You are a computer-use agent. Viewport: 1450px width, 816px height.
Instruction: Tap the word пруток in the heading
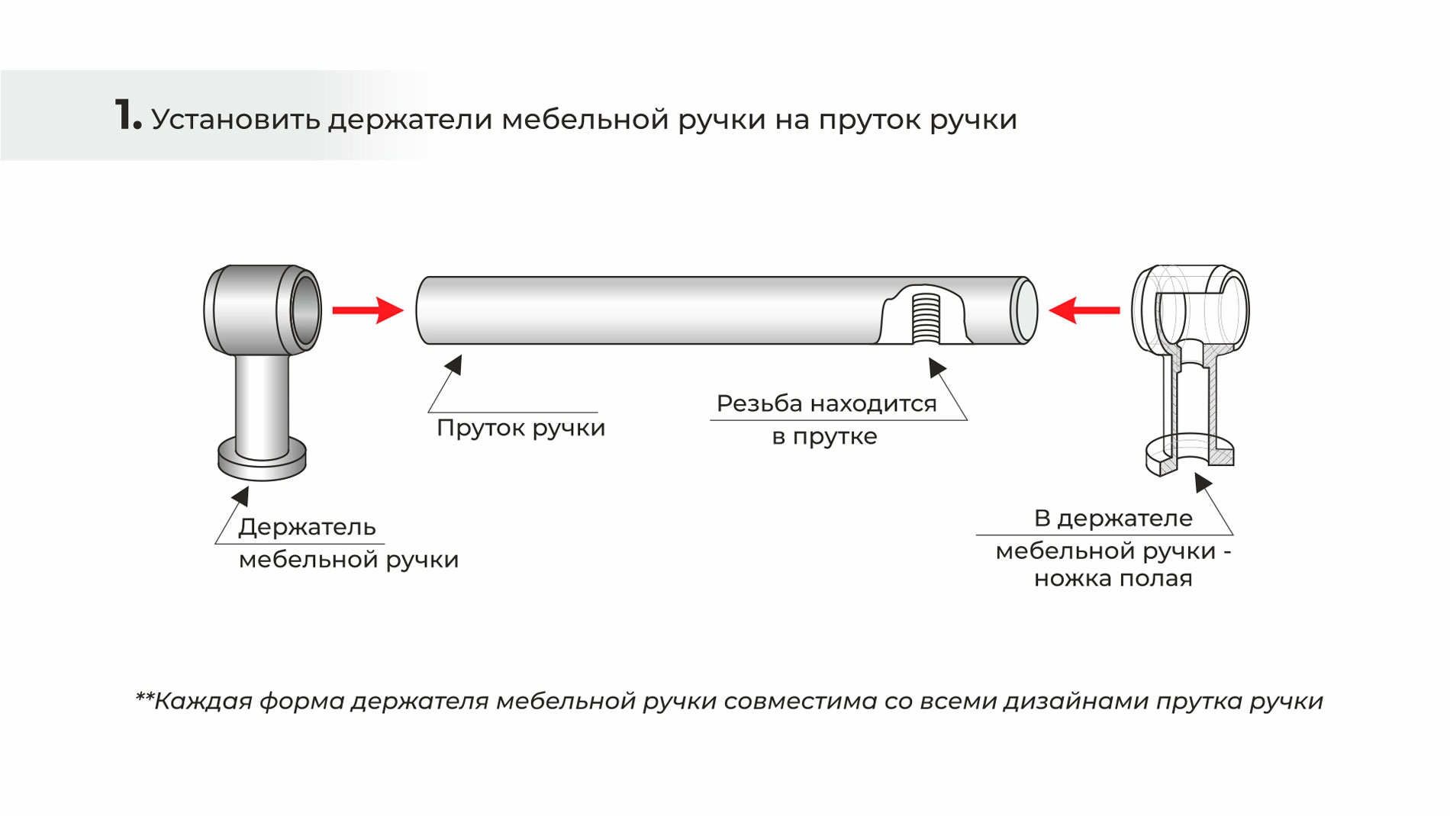tap(869, 120)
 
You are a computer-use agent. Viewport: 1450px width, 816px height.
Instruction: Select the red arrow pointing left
tap(1084, 310)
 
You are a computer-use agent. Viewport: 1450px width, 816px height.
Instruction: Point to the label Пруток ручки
tap(520, 428)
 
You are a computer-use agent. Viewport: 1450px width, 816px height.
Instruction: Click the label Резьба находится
tap(826, 403)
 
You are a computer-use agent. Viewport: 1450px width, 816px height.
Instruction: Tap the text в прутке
tap(824, 437)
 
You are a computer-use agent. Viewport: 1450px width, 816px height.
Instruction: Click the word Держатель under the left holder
tap(307, 527)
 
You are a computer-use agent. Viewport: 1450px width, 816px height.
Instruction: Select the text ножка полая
tap(1113, 579)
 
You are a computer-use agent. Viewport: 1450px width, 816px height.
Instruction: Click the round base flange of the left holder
tap(262, 460)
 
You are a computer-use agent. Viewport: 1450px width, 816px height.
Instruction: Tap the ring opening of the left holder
tap(305, 310)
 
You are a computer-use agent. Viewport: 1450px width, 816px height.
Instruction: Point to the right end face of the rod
tap(1024, 310)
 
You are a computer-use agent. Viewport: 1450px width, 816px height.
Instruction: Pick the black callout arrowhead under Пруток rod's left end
tap(455, 365)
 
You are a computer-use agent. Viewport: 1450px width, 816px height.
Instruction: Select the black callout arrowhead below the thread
tap(936, 368)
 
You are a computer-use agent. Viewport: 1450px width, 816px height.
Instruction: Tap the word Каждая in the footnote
tap(202, 702)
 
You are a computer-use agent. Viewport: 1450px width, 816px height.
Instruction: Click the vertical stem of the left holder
tap(262, 404)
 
